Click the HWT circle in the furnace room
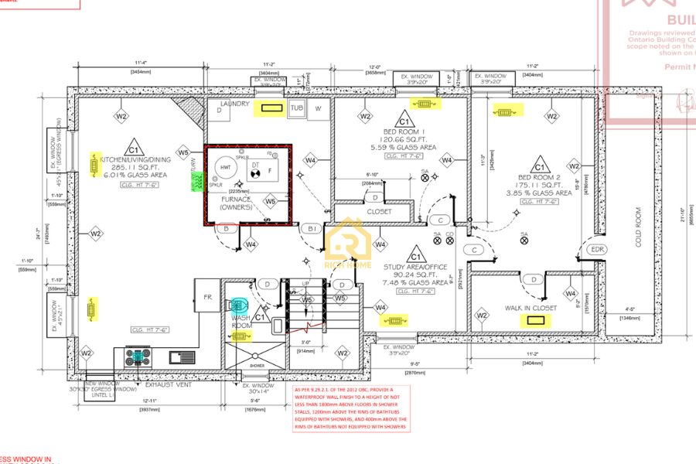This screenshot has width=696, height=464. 226,168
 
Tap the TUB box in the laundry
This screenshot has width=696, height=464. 297,108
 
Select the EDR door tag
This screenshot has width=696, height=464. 597,249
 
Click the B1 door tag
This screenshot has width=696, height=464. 313,229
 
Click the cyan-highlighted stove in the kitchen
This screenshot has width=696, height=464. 139,357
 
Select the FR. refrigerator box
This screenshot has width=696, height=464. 208,297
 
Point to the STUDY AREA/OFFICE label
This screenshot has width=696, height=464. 416,266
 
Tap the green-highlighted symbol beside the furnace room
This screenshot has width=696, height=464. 195,180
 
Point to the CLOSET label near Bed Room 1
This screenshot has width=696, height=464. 379,211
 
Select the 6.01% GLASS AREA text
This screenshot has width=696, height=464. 134,175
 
